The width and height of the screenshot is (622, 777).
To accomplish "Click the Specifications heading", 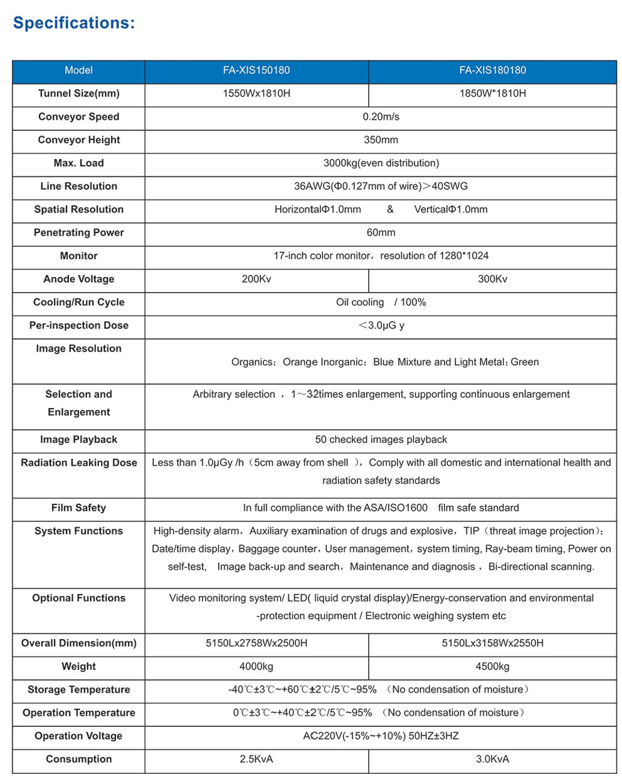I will point(74,23).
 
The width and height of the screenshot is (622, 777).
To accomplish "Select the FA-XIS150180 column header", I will point(256,70).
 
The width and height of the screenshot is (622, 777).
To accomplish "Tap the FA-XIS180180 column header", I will point(492,70).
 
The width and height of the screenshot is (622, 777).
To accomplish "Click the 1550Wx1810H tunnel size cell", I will point(256,93).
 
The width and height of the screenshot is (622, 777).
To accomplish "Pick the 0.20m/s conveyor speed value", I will point(381,117).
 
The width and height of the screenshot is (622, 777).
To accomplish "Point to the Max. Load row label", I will point(78,163).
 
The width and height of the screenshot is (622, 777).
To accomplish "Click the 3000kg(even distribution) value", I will point(381,163).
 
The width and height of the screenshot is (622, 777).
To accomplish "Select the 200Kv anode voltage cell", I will point(256,279).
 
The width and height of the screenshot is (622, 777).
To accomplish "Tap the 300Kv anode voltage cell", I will point(492,279).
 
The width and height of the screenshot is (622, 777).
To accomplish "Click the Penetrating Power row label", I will point(78,232).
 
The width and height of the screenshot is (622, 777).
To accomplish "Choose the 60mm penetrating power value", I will point(381,232).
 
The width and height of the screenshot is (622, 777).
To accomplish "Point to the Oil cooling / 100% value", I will point(381,302).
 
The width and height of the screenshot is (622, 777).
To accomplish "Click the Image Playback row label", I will point(78,439).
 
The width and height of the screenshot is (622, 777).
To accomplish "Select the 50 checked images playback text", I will point(381,439).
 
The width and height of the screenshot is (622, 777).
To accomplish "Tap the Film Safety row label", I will point(78,508).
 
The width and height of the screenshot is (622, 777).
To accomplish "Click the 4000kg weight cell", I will point(256,666).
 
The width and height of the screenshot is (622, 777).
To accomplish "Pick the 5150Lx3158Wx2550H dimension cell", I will point(492,643).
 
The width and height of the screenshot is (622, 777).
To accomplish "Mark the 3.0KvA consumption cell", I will point(492,759).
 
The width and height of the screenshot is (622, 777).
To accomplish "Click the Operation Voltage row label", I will point(78,736).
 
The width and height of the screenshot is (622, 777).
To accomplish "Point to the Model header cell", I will point(78,70).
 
